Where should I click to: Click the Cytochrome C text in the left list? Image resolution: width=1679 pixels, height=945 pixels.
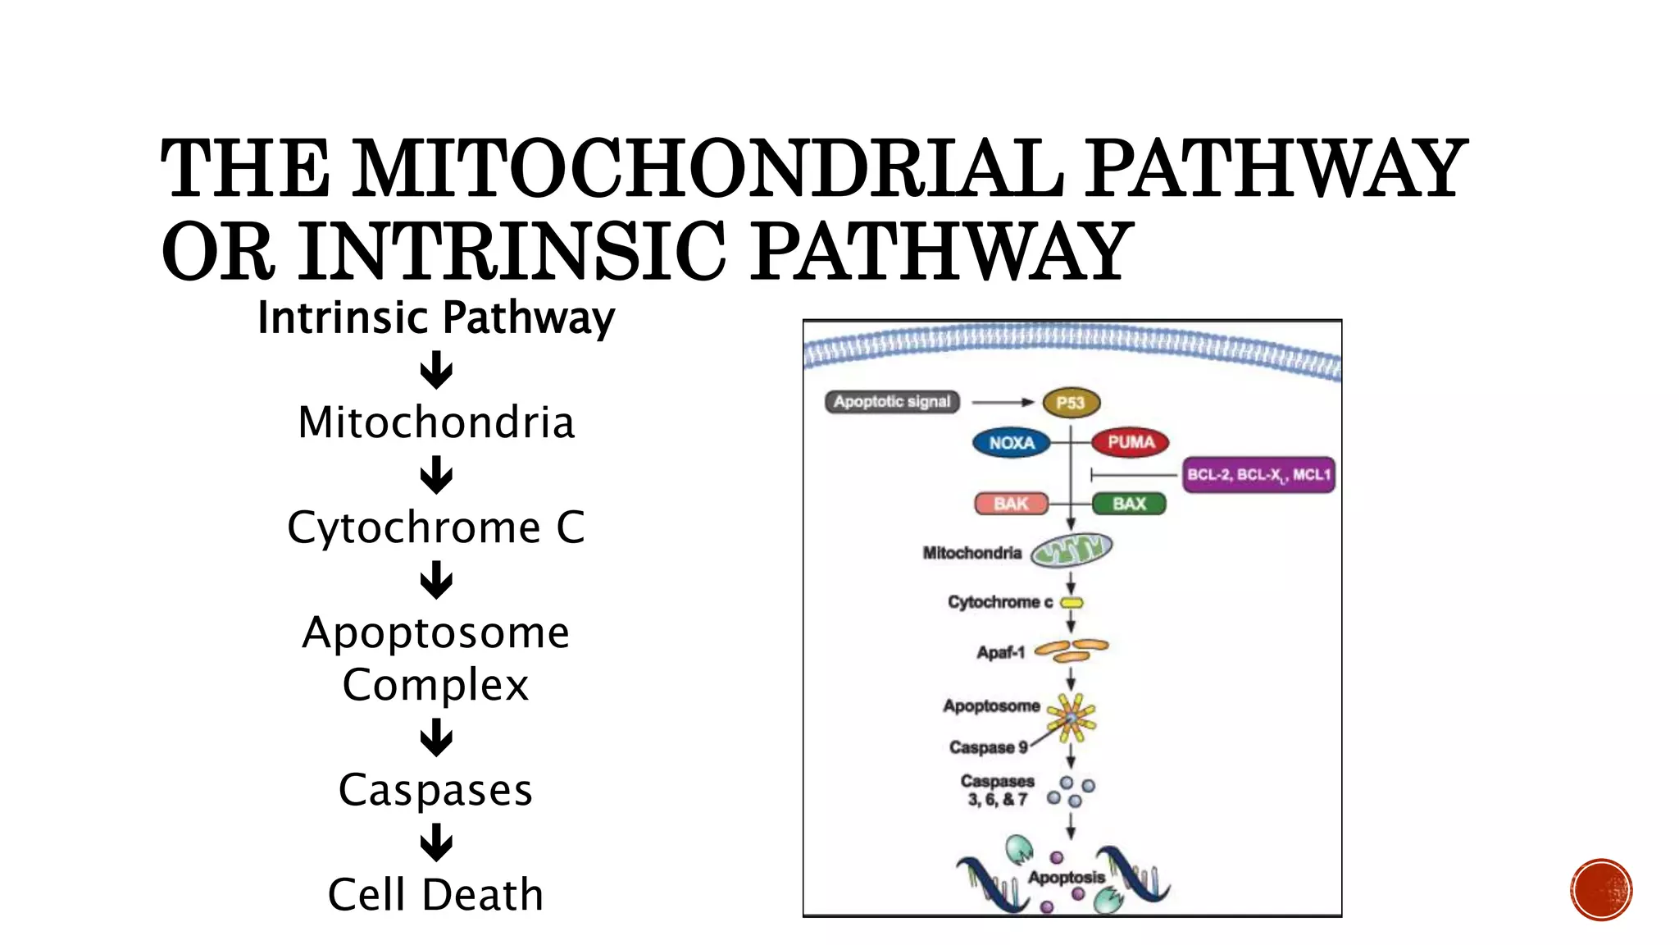[436, 527]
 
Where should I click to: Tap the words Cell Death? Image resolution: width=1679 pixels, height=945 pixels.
[435, 894]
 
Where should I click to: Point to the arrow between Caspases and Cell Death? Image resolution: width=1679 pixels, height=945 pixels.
[436, 842]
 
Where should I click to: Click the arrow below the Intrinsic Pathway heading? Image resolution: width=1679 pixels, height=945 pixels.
[436, 370]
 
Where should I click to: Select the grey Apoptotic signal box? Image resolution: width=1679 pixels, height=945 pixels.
[892, 402]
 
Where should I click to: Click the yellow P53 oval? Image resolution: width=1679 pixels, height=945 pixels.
[1071, 403]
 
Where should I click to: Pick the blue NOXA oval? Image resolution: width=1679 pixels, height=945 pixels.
[1012, 443]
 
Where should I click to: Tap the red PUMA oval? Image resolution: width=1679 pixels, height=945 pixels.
[1131, 442]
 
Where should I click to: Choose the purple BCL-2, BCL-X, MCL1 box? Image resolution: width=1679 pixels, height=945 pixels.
[1258, 475]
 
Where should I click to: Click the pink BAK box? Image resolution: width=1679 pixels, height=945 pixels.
[1011, 504]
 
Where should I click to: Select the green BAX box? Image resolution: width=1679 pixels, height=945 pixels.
[1129, 504]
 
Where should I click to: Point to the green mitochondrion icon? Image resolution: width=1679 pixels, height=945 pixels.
[1072, 550]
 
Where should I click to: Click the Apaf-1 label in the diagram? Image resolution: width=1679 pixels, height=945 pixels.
[1000, 653]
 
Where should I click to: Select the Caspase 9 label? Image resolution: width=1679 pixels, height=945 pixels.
[988, 747]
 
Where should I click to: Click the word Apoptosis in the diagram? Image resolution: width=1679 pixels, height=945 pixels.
[1066, 878]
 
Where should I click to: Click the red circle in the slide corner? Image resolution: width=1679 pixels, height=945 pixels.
[1601, 890]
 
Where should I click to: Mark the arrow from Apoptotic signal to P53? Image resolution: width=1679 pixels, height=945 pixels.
[1003, 402]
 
